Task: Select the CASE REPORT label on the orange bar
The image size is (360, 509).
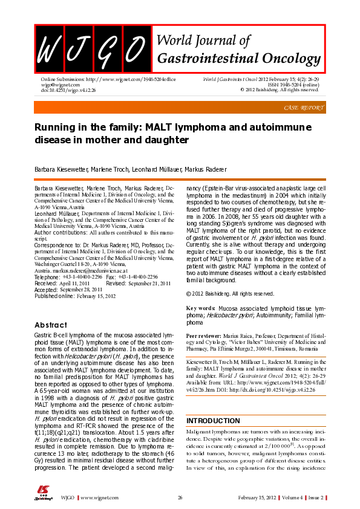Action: pyautogui.click(x=303, y=107)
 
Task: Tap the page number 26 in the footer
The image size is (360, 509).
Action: pyautogui.click(x=180, y=497)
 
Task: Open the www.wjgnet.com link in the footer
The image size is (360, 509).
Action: pyautogui.click(x=98, y=497)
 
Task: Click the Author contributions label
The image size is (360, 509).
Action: pyautogui.click(x=61, y=232)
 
